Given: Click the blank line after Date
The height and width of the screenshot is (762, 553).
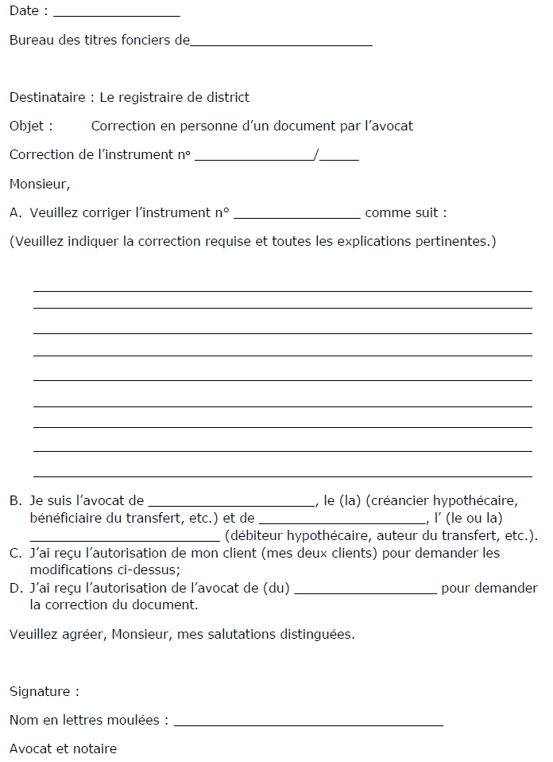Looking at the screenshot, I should [117, 12].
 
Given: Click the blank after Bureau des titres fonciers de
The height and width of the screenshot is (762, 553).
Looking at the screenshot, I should [281, 41].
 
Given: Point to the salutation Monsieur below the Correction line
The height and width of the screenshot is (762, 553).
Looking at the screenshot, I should [39, 185].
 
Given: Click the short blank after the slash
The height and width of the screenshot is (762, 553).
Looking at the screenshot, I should [340, 156].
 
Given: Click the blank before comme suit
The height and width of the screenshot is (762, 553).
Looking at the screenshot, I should [297, 214].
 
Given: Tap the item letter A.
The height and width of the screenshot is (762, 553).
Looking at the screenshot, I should [15, 212].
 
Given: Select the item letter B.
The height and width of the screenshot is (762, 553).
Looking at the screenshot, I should [15, 500].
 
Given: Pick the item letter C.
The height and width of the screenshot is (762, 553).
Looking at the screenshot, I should [15, 553].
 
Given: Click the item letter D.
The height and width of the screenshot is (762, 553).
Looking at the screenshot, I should [15, 588].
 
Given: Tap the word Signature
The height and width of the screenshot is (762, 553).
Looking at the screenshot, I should [41, 691].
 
